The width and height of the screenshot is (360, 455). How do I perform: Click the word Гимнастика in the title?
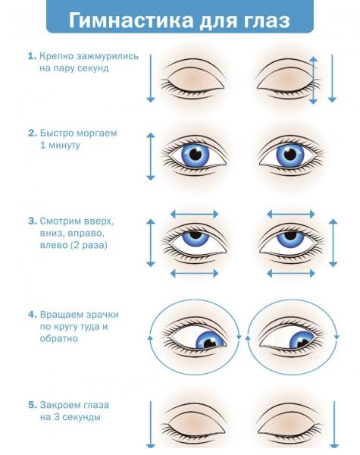pos(131,20)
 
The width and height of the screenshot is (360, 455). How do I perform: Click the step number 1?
pos(32,56)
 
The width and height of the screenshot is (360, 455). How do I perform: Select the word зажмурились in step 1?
pos(108,56)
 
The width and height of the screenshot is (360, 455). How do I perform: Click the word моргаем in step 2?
pos(97,133)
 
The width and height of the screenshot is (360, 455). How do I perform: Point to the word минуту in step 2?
pos(64,145)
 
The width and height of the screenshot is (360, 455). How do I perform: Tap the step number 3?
pos(32,221)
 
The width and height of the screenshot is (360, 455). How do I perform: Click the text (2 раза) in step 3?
pos(89,245)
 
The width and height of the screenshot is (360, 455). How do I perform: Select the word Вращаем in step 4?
pos(61,315)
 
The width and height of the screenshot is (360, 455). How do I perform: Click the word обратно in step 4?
pos(58,339)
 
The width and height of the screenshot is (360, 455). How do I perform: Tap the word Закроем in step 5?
pos(60,405)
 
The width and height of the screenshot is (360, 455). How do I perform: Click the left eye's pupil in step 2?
pos(196,155)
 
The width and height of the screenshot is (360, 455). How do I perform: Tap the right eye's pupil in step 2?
pos(290,155)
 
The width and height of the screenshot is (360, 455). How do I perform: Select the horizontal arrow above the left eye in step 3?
pos(194,215)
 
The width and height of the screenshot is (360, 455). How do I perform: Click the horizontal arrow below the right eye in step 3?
pos(291,273)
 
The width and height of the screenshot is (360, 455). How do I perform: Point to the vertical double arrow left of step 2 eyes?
pos(151,157)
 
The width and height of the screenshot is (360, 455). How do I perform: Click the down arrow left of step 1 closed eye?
pos(151,79)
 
